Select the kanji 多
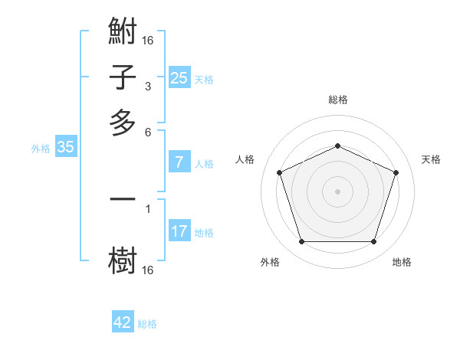(x=123, y=123)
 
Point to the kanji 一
(x=123, y=199)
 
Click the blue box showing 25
(x=179, y=77)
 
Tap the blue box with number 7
(x=179, y=162)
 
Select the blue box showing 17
(x=179, y=231)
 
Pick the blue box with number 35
(x=65, y=147)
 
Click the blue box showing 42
(x=123, y=322)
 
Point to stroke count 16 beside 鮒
(x=148, y=40)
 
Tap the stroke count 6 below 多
(x=147, y=131)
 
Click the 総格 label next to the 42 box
(x=147, y=324)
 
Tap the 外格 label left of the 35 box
(x=40, y=149)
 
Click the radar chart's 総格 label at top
(x=337, y=100)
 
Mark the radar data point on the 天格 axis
(x=396, y=172)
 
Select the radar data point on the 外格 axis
(x=301, y=242)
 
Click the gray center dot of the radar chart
(x=337, y=191)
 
